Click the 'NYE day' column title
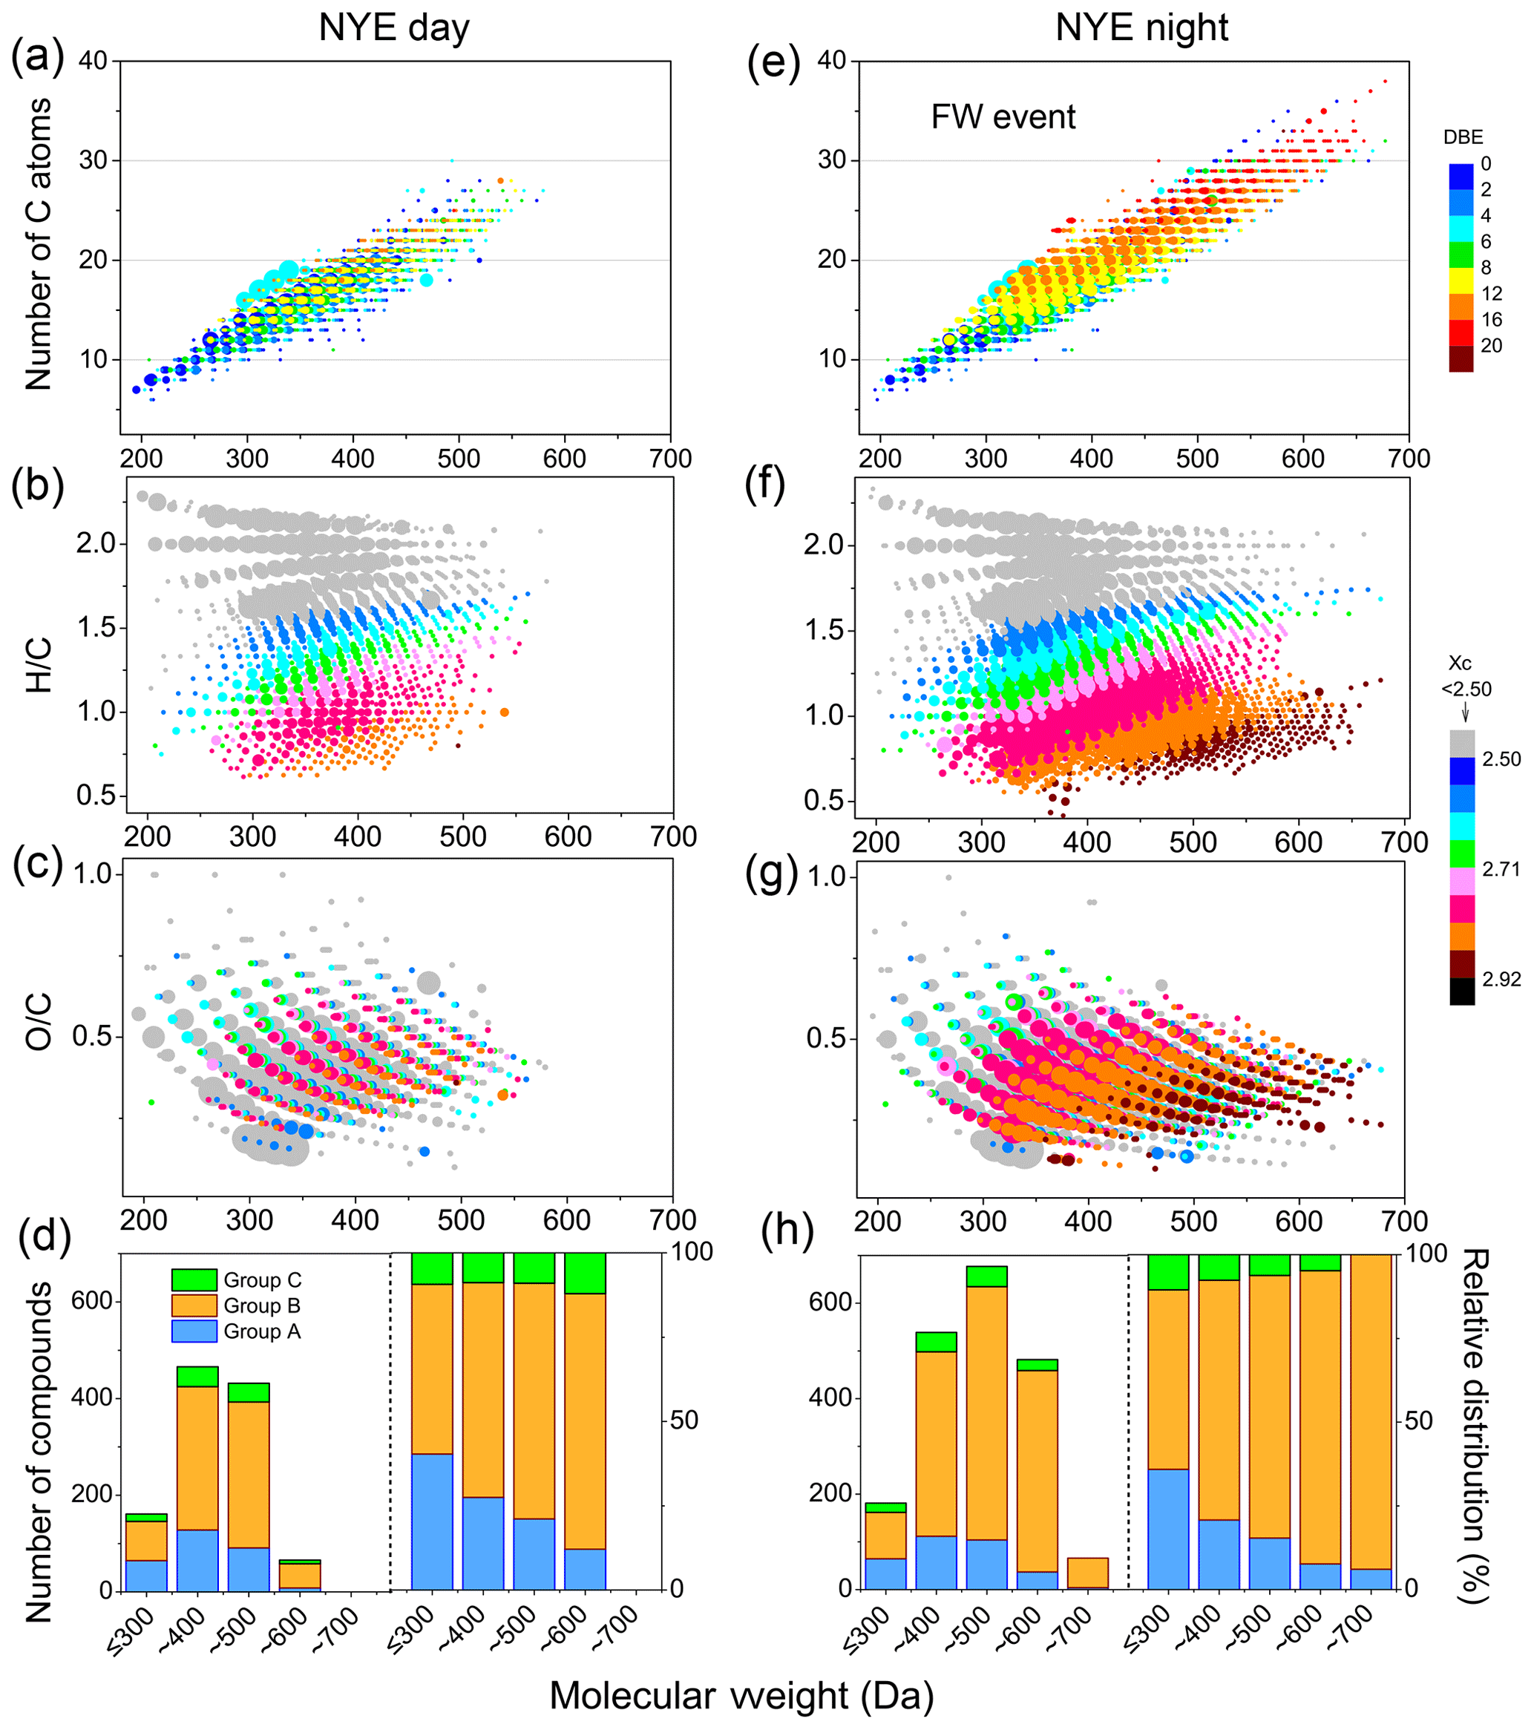coord(393,28)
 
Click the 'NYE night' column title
coord(1141,28)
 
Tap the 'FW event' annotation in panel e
coord(1003,117)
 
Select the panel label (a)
coord(37,60)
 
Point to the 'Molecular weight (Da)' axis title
coord(741,1695)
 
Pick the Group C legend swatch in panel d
coord(194,1280)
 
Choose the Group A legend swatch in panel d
coord(194,1331)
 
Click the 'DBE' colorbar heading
coord(1463,137)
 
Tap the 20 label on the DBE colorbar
coord(1491,345)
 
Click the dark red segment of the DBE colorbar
coord(1461,359)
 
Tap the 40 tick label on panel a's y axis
coord(93,61)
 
